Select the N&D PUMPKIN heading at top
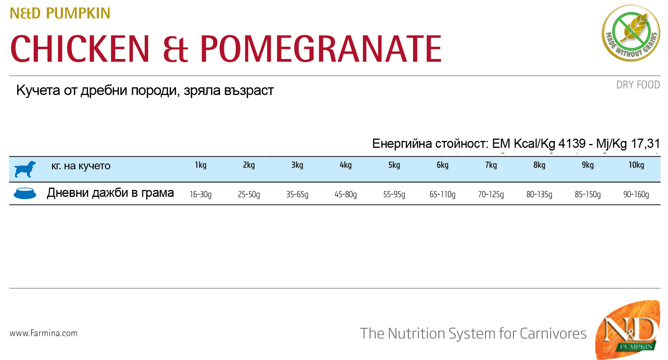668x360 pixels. tap(60, 13)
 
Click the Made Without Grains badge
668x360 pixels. tap(631, 33)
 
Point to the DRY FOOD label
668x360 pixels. tap(638, 85)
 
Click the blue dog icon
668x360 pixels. tap(25, 169)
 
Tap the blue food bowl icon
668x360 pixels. tap(25, 193)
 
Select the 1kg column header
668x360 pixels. tap(201, 165)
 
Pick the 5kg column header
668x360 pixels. tap(394, 165)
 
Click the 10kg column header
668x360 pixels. tap(636, 165)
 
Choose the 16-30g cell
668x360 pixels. tap(201, 195)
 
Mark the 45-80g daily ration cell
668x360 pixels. tap(346, 195)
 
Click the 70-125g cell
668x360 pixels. tap(491, 195)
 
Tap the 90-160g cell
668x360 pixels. tap(636, 195)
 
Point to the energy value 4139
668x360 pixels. tap(572, 144)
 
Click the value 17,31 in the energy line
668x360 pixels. tap(645, 144)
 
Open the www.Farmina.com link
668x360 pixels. tap(44, 333)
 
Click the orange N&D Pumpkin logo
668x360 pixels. tap(628, 330)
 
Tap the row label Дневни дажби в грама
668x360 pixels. tap(110, 193)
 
